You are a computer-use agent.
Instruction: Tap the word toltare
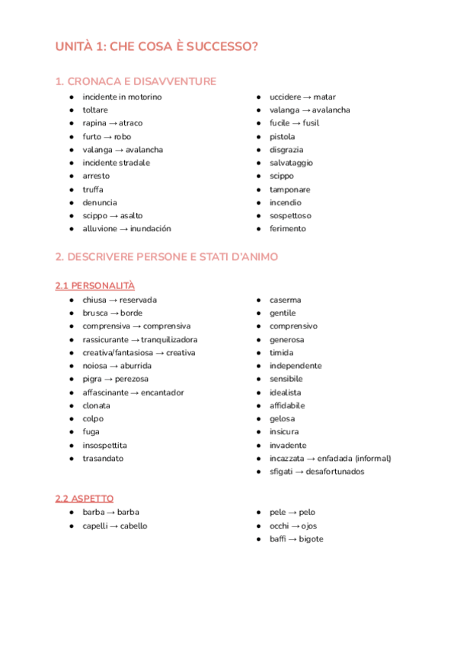click(x=95, y=110)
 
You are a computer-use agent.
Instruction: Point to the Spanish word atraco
click(x=130, y=123)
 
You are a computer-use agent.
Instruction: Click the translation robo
click(x=122, y=137)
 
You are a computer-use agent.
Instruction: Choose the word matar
click(x=324, y=97)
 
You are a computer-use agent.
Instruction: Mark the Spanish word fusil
click(x=311, y=123)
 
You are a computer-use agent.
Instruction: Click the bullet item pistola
click(x=282, y=137)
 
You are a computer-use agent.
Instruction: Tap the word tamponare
click(x=289, y=189)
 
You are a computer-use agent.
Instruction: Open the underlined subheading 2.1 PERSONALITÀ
click(x=94, y=286)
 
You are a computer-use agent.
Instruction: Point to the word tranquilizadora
click(x=168, y=340)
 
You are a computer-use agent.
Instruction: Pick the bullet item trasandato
click(x=103, y=459)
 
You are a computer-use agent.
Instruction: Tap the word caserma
click(x=285, y=300)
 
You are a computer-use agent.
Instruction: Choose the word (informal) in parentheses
click(x=369, y=459)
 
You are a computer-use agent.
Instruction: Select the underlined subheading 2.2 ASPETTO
click(x=85, y=498)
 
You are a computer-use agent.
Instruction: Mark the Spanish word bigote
click(x=311, y=539)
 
